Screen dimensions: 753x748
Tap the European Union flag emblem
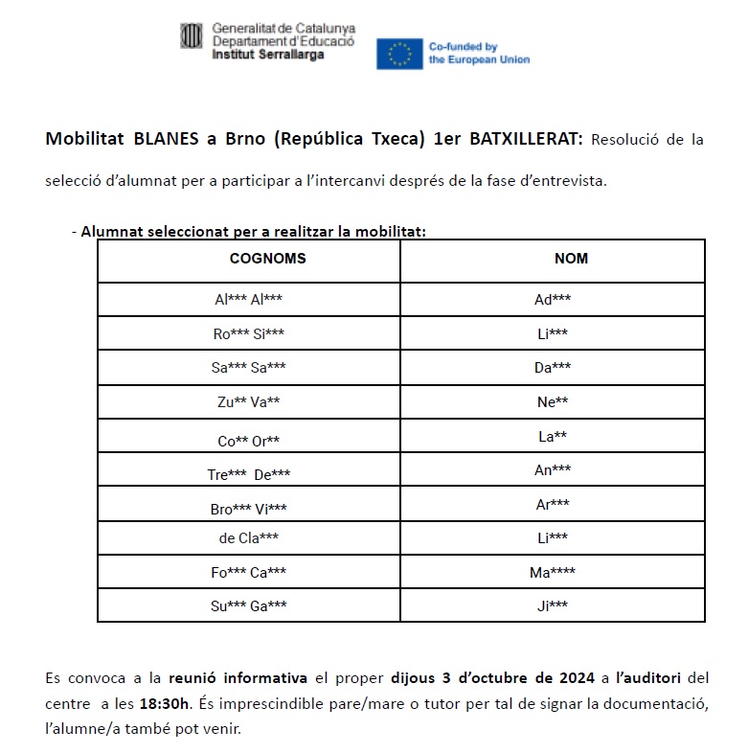(x=400, y=54)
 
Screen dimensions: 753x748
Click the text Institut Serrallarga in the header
(x=268, y=55)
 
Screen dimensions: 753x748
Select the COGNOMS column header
(x=268, y=259)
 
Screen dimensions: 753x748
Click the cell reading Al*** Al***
(x=249, y=299)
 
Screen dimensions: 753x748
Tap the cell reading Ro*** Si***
(x=249, y=333)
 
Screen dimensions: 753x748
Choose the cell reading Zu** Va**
(x=249, y=402)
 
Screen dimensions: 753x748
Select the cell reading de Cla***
(x=249, y=537)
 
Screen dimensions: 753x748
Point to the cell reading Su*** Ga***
(x=249, y=605)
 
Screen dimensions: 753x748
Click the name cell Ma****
(x=553, y=572)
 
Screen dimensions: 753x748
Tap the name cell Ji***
(x=553, y=605)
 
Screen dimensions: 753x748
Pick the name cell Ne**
(x=553, y=402)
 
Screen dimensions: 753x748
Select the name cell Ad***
(x=553, y=299)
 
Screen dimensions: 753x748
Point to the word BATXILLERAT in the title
(x=525, y=139)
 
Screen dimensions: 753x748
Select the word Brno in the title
(x=246, y=139)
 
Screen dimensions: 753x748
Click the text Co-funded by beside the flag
(x=463, y=46)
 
